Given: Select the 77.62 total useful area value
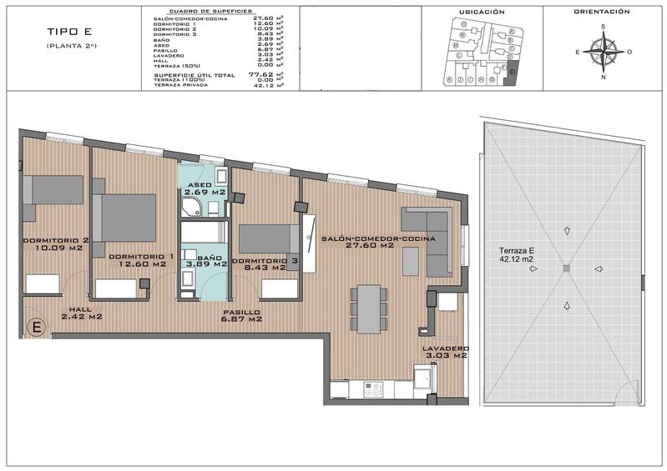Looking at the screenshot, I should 261,74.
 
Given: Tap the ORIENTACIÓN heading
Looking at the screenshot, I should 601,13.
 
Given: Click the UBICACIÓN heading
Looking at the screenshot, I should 482,13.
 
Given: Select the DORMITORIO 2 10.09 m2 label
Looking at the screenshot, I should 56,243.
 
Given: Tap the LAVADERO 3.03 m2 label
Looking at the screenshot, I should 446,352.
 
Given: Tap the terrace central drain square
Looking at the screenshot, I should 566,268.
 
